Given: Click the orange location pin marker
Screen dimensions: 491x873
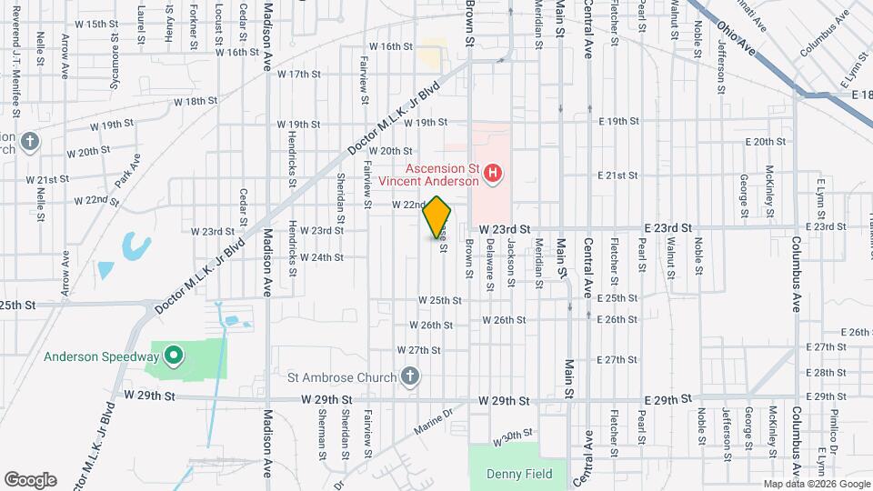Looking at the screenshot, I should coord(437,217).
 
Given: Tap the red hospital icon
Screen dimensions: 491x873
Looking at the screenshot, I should coord(493,173).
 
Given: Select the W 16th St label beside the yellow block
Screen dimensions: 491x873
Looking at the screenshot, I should coord(391,46).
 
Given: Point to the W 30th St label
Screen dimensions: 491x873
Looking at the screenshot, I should coord(511,438).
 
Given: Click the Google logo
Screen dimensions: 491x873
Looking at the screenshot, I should coord(30,480).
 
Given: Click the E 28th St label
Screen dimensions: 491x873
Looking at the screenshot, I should coord(827,373).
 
